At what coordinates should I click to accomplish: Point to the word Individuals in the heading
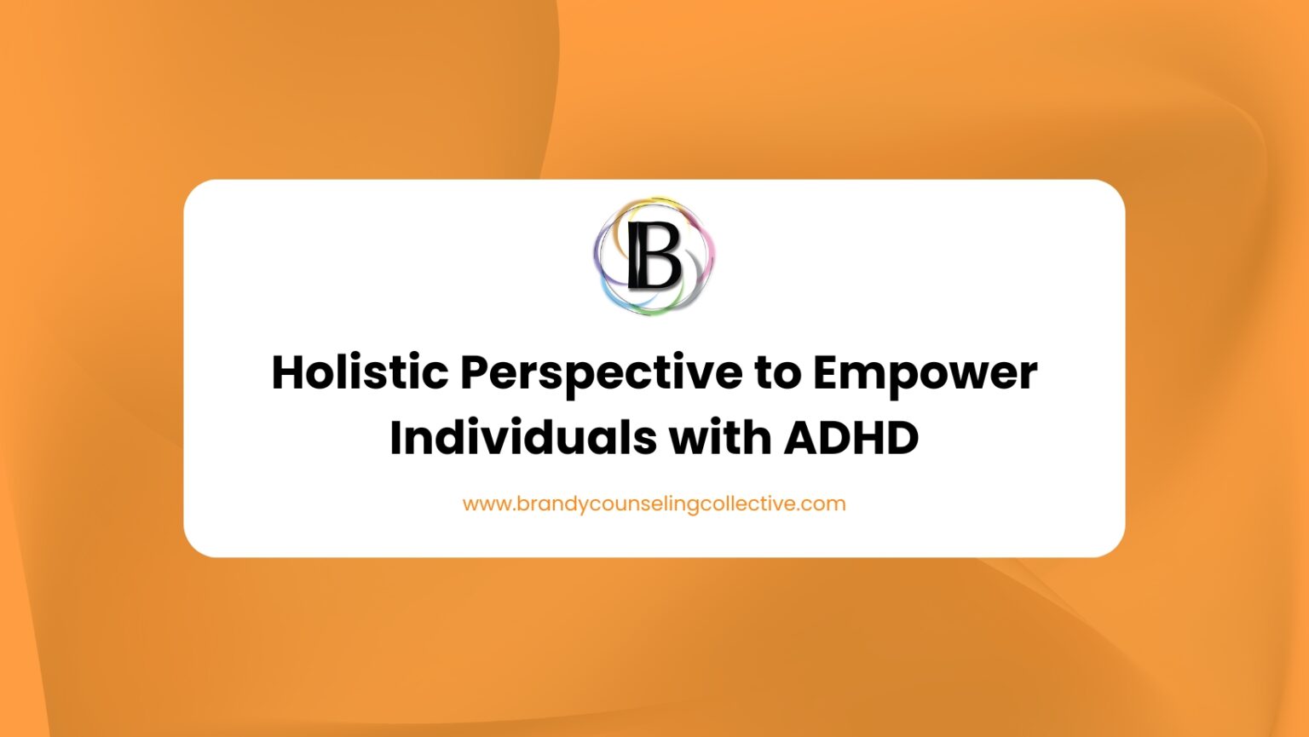pos(522,437)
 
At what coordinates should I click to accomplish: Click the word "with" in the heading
pos(718,437)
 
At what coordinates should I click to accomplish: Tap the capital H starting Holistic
pos(289,372)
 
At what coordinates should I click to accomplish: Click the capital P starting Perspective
pos(476,372)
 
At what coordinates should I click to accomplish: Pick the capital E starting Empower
pos(826,372)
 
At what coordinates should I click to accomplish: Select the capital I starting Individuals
pos(396,437)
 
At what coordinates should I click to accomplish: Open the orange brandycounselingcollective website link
pos(654,504)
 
